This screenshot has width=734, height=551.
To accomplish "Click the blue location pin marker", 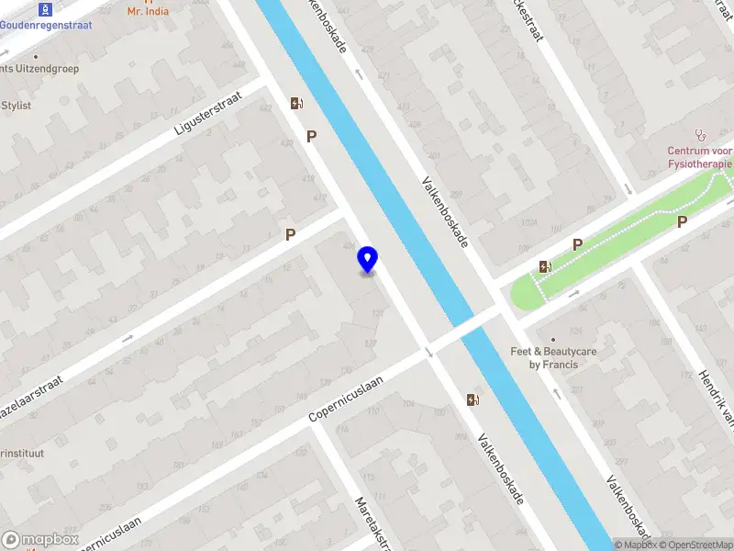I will [368, 260].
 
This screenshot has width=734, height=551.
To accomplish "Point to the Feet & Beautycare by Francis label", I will [554, 357].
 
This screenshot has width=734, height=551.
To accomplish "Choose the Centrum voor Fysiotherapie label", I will [700, 158].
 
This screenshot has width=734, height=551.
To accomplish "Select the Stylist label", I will [16, 106].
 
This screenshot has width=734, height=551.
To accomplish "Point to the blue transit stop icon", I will [46, 9].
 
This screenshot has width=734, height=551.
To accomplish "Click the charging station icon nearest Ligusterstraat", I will [296, 103].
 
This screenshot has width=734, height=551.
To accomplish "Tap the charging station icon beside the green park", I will [545, 267].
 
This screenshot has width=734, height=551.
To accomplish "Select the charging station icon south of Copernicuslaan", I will [473, 399].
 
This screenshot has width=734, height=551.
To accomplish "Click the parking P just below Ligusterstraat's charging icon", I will [312, 136].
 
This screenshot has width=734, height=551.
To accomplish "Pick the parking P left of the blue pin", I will [290, 234].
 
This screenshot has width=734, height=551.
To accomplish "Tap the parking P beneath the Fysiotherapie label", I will [682, 221].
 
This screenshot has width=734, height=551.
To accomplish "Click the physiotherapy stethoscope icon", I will [701, 134].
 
